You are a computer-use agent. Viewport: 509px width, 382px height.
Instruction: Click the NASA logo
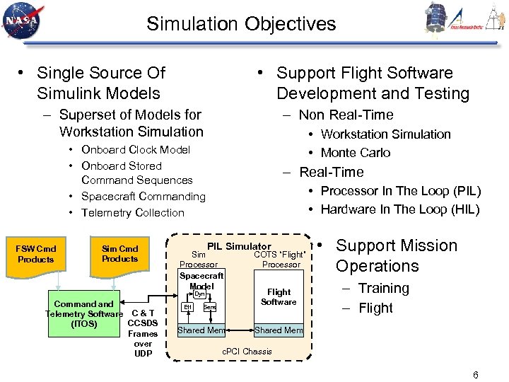click(x=22, y=21)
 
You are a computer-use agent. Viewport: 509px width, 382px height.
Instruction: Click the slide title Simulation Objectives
click(x=241, y=24)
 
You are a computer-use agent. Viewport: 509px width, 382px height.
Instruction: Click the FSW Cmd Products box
click(x=36, y=254)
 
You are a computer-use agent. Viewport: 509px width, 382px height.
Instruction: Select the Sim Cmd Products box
click(x=119, y=254)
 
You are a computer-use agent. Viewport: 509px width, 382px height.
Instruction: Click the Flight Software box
click(x=279, y=297)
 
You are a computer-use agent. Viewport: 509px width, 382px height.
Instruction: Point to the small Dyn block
click(x=199, y=294)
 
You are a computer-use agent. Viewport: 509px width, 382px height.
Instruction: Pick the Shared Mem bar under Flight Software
click(x=279, y=330)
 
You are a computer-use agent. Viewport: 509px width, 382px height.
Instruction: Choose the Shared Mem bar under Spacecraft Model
click(x=201, y=330)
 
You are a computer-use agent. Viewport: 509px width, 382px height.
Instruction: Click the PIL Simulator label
click(x=239, y=246)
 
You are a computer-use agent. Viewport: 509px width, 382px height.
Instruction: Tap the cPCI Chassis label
click(x=247, y=352)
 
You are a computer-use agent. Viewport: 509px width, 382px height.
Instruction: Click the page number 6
click(x=475, y=375)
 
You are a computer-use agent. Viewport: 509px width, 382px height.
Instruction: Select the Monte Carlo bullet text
click(x=355, y=153)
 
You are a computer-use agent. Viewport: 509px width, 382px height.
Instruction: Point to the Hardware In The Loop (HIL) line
click(x=399, y=209)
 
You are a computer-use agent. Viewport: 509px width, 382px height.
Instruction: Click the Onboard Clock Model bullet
click(x=136, y=150)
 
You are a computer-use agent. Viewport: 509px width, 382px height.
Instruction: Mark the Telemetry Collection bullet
click(x=132, y=213)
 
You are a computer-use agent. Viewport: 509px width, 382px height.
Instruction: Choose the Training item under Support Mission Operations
click(x=383, y=289)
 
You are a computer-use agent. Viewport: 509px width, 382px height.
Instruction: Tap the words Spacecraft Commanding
click(x=143, y=197)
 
